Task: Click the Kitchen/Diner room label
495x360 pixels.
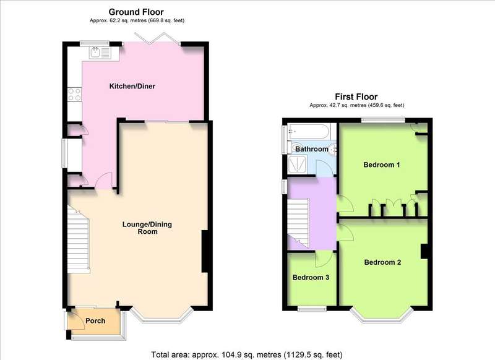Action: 132,86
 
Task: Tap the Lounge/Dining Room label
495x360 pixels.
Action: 147,228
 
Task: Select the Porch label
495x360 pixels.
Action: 95,321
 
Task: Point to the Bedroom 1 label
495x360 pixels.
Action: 382,165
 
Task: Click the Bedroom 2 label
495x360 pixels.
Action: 382,262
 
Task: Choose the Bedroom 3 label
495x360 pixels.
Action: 311,277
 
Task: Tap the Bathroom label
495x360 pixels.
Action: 312,149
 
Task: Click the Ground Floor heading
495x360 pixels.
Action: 136,12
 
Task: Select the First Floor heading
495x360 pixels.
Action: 356,96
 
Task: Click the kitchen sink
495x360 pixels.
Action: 100,53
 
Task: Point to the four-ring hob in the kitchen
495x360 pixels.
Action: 74,95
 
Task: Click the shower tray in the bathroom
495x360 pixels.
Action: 298,164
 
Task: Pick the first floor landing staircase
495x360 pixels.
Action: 298,223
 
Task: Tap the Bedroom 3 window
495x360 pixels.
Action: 312,309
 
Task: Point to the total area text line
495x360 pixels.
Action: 247,354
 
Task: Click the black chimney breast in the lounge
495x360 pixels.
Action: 205,251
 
